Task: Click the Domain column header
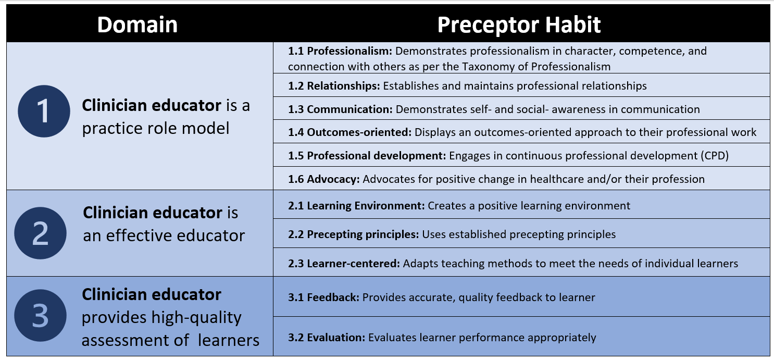click(x=137, y=24)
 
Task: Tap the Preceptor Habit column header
click(x=519, y=25)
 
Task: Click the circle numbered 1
click(x=44, y=111)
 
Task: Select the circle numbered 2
click(x=41, y=233)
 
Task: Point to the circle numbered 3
click(x=41, y=315)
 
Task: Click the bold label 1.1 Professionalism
click(x=340, y=51)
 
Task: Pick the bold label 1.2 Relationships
click(x=334, y=85)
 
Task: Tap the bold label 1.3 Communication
click(x=340, y=109)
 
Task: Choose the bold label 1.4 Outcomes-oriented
click(x=349, y=132)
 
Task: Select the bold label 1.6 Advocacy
click(x=324, y=179)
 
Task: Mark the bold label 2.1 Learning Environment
click(x=356, y=206)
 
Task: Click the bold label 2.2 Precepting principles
click(x=354, y=234)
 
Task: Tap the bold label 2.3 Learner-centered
click(x=344, y=264)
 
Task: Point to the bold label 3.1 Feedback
click(x=324, y=297)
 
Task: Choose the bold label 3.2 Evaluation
click(x=327, y=338)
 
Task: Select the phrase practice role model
click(x=156, y=129)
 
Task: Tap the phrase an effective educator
click(x=164, y=235)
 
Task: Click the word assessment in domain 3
click(x=135, y=340)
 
